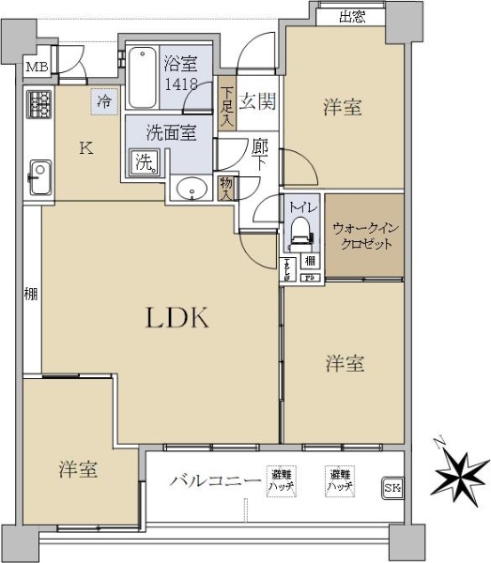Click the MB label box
click(x=36, y=67)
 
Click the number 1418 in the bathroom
click(x=180, y=84)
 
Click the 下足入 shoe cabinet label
click(x=227, y=106)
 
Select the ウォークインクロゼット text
click(x=363, y=236)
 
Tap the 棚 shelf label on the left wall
click(x=31, y=295)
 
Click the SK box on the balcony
click(x=391, y=487)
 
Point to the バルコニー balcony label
click(x=215, y=481)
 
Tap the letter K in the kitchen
click(x=84, y=147)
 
